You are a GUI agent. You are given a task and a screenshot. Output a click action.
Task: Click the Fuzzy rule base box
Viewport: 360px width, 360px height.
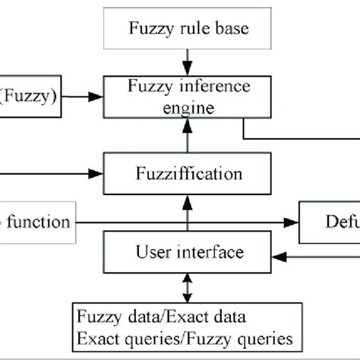pyautogui.click(x=186, y=30)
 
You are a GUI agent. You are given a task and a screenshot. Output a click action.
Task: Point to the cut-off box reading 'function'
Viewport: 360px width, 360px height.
pyautogui.click(x=38, y=222)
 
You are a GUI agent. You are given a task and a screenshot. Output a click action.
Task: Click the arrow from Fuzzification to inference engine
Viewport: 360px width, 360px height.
pyautogui.click(x=186, y=137)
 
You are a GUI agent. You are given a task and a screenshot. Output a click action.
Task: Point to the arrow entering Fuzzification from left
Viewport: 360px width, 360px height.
pyautogui.click(x=61, y=173)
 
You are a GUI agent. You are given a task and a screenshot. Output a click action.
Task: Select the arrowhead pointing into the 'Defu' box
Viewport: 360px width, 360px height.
pyautogui.click(x=293, y=222)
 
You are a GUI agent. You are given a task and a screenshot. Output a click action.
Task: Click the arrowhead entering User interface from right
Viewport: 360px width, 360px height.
pyautogui.click(x=277, y=257)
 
